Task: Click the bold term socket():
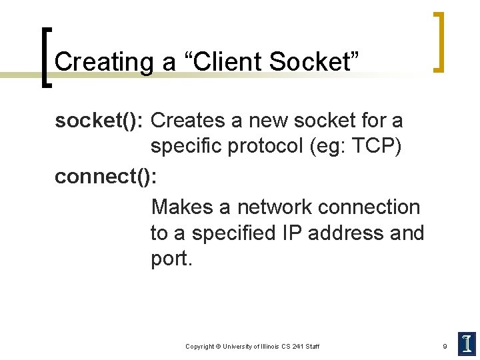(100, 121)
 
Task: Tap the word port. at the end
(171, 259)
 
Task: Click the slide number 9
(445, 346)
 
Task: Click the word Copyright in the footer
(199, 347)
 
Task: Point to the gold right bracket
(439, 41)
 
